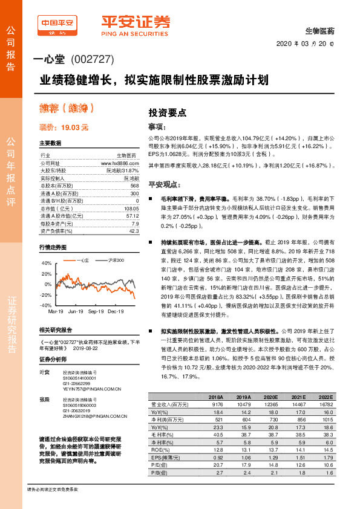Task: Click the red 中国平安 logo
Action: (x=57, y=24)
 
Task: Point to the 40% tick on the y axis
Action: (x=47, y=264)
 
